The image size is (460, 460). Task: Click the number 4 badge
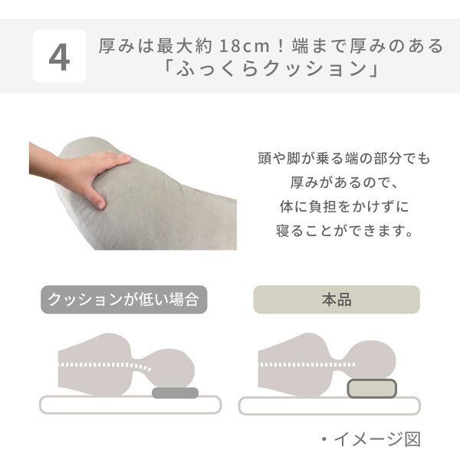[x=59, y=56]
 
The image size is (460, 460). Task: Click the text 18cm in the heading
[x=244, y=46]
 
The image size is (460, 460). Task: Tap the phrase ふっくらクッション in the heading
[x=271, y=69]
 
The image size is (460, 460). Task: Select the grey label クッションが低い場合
[x=123, y=300]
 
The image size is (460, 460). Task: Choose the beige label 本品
[x=337, y=300]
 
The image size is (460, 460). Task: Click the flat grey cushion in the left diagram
[x=175, y=393]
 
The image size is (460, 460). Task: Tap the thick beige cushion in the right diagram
[x=372, y=389]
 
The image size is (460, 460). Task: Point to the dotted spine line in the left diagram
[x=105, y=366]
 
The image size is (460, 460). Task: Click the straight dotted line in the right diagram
[x=307, y=365]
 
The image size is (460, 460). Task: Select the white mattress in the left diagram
[x=130, y=405]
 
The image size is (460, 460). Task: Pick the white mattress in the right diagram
[x=330, y=406]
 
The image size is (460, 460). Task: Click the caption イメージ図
[x=377, y=439]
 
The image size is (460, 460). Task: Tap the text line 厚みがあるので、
[x=343, y=182]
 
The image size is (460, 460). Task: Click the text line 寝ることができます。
[x=344, y=231]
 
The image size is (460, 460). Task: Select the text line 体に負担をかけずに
[x=344, y=206]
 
